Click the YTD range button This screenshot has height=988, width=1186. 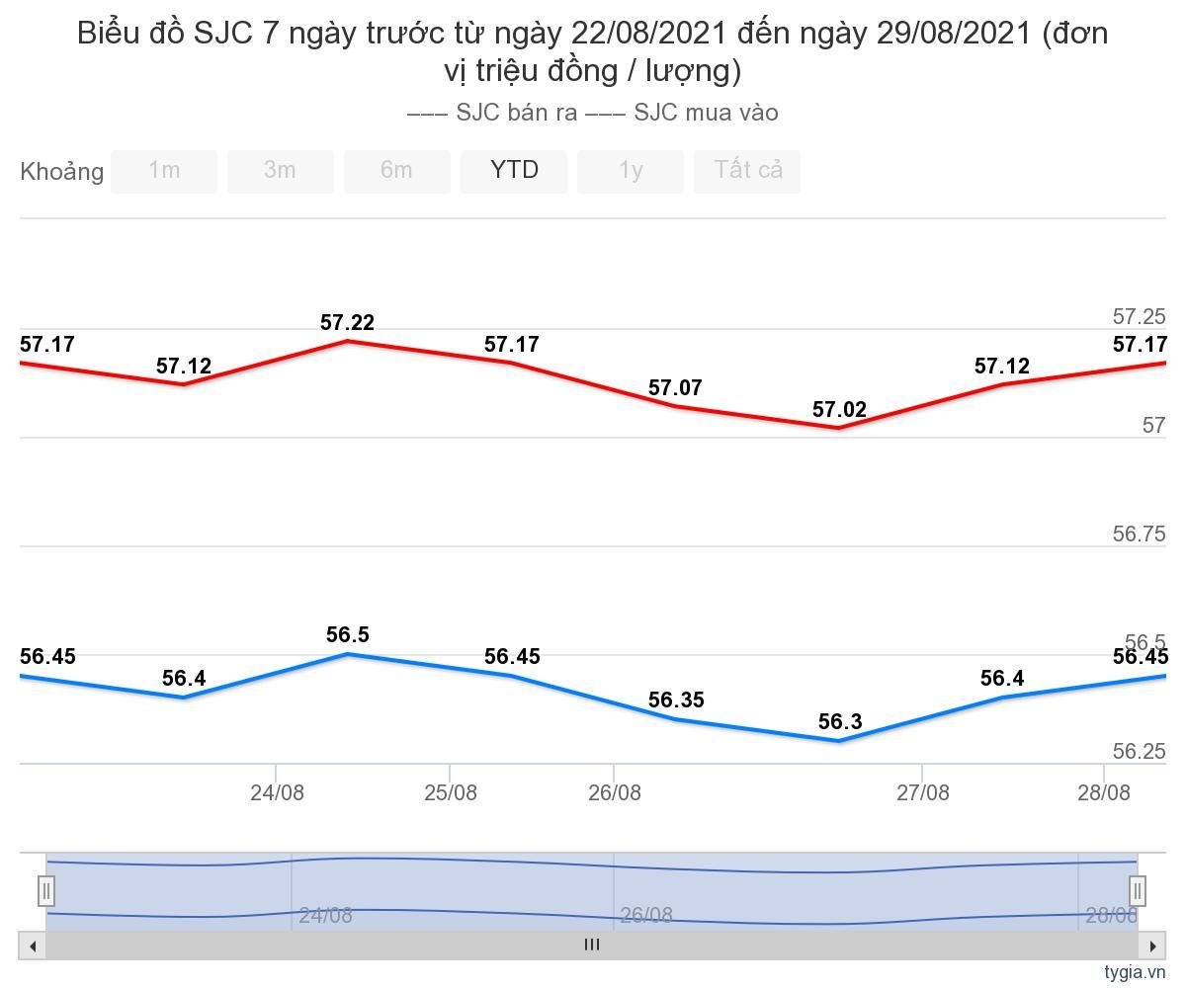[x=514, y=171]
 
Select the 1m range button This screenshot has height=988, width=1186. [x=164, y=171]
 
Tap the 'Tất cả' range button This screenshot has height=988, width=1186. [x=747, y=171]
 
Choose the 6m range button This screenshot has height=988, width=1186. [x=396, y=171]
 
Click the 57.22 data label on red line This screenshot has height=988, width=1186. [x=347, y=323]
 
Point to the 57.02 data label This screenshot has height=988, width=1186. [x=839, y=410]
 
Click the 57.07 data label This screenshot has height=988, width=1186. [x=675, y=388]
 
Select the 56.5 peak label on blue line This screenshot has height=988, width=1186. [x=347, y=635]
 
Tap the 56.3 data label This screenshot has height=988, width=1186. [x=840, y=722]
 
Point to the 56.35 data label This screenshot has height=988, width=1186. [x=675, y=700]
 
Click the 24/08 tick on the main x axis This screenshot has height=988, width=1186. [x=277, y=792]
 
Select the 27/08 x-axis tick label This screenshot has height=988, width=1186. [x=922, y=792]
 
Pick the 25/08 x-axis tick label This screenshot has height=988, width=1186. [x=451, y=792]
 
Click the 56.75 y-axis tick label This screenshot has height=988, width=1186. [x=1139, y=535]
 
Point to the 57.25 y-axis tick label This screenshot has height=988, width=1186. [x=1139, y=317]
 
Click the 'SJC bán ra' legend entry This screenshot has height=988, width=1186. [x=493, y=113]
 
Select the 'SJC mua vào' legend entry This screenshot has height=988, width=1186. [x=683, y=113]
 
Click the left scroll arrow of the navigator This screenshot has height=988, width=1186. [x=33, y=946]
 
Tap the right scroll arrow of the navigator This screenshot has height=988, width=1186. [x=1152, y=946]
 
